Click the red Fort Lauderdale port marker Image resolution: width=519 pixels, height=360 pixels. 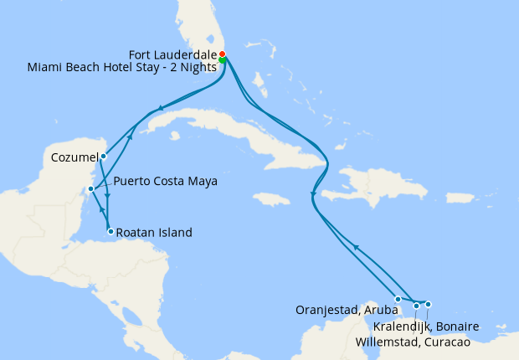[222, 54]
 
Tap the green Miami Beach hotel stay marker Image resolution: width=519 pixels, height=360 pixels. [223, 60]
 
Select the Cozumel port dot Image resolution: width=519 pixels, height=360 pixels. [103, 156]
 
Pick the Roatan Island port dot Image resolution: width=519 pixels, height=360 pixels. [110, 231]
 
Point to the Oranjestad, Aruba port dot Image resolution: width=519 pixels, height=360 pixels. [398, 297]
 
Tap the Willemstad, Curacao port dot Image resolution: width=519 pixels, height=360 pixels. [416, 306]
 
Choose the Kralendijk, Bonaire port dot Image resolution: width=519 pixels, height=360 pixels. [428, 304]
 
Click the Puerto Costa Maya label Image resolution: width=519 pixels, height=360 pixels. [165, 180]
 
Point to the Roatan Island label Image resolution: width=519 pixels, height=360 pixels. [155, 232]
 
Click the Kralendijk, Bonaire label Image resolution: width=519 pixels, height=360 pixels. [426, 326]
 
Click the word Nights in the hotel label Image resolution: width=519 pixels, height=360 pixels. [198, 67]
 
